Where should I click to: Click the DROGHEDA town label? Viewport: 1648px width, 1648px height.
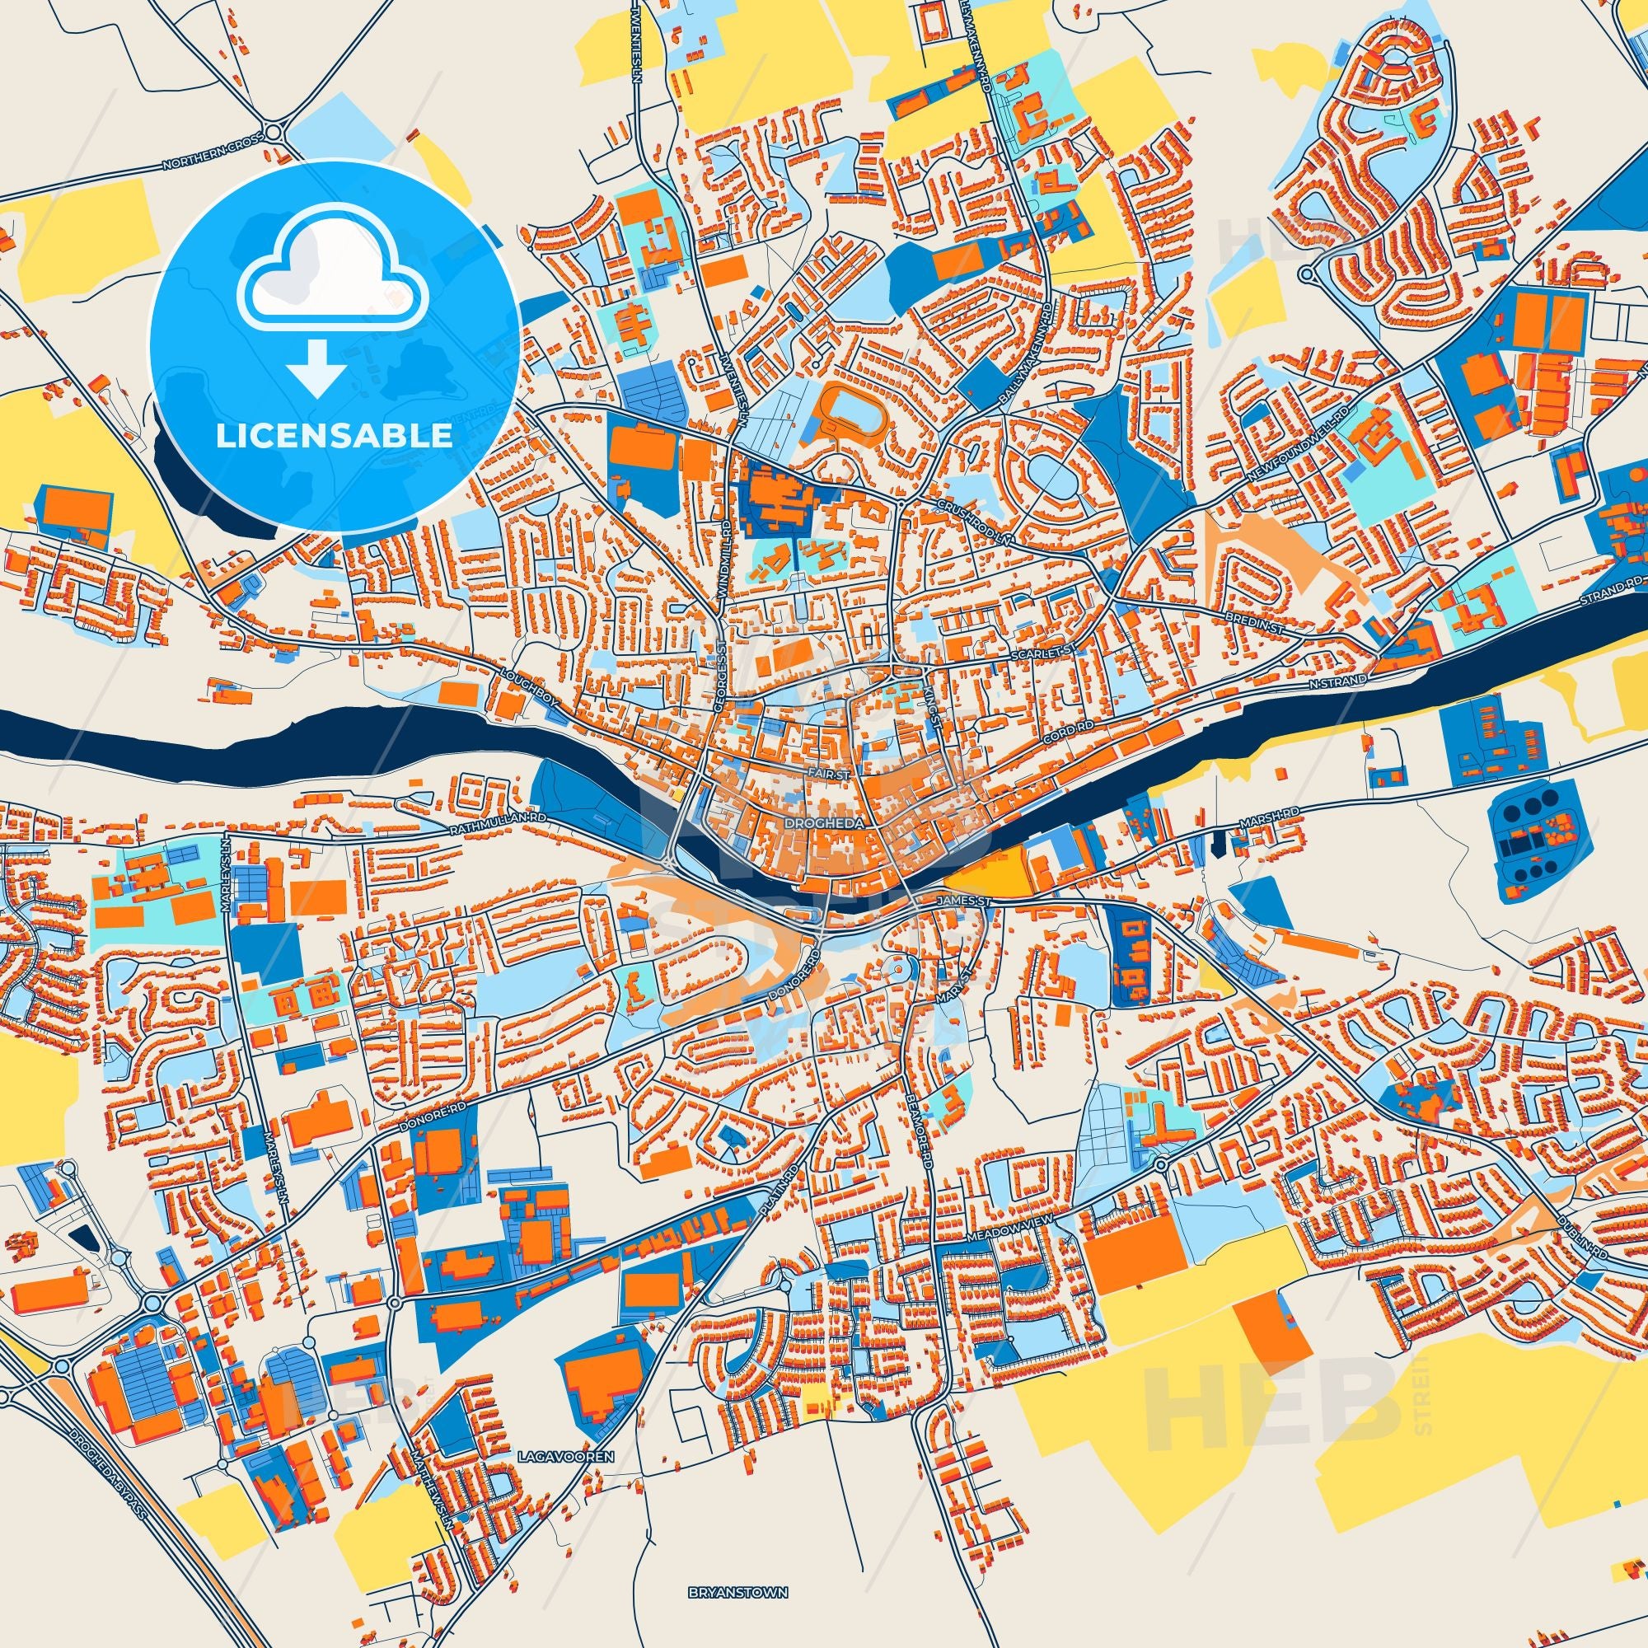point(816,826)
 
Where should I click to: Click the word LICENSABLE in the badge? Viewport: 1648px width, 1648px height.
point(334,436)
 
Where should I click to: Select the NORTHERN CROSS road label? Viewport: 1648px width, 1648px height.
point(205,159)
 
